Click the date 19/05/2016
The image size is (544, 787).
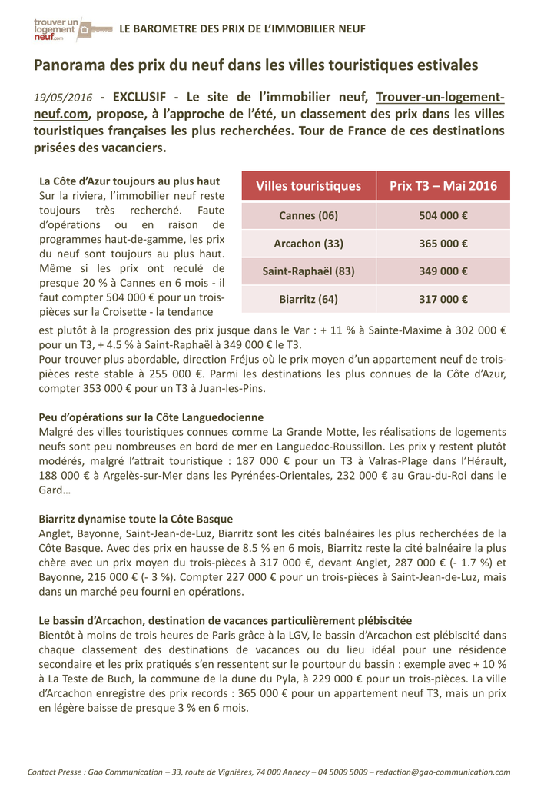point(63,98)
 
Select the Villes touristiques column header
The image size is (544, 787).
point(308,186)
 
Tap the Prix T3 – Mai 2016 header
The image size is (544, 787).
point(443,186)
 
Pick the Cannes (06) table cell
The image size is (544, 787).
point(308,215)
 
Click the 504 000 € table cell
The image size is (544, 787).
point(443,215)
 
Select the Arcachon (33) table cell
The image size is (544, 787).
point(308,244)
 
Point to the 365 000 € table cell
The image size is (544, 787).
point(443,244)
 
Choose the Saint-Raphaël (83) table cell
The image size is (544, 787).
point(308,271)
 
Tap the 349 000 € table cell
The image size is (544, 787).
point(443,271)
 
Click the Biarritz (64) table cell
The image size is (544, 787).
point(308,299)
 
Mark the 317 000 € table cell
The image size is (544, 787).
point(443,299)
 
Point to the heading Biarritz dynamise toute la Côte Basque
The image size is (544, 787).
point(135,519)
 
